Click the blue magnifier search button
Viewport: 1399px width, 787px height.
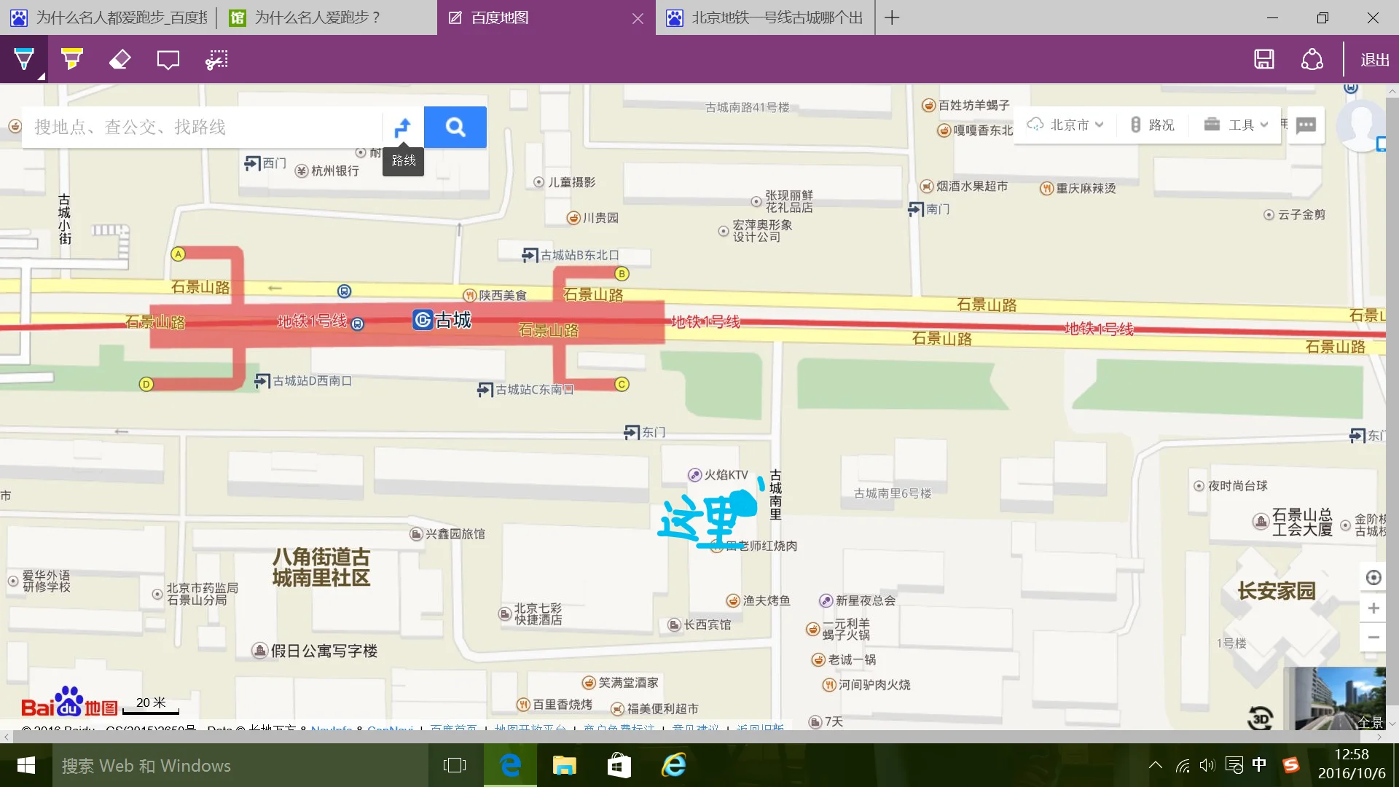point(455,128)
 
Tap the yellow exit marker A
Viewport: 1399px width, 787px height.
point(178,254)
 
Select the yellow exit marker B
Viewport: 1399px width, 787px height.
point(622,274)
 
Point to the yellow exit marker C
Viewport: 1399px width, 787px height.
point(622,384)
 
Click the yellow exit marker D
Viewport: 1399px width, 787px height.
point(146,384)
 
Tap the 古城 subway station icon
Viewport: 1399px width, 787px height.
point(423,320)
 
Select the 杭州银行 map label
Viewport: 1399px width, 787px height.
point(334,171)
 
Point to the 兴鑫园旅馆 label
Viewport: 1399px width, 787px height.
point(454,534)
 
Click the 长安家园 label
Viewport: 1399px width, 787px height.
point(1277,590)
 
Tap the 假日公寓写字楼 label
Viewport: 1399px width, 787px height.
point(324,651)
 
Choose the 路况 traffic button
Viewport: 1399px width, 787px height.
point(1153,125)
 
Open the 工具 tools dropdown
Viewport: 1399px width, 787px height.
point(1237,125)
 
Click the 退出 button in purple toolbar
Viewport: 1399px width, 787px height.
point(1374,60)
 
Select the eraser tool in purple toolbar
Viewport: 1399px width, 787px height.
point(119,60)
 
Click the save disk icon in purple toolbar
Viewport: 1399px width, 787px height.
point(1264,60)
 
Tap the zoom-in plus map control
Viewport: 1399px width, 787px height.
point(1373,608)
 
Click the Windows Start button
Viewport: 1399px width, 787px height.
point(26,765)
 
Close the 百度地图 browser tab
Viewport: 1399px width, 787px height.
point(638,18)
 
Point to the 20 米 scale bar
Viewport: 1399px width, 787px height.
point(151,706)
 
